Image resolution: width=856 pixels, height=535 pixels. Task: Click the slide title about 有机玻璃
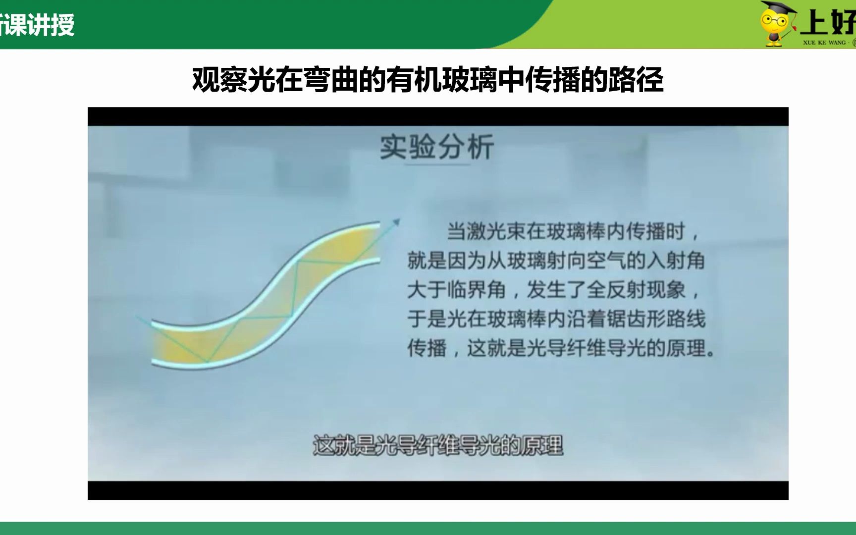tap(428, 79)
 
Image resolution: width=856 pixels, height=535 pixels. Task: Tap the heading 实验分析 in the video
tap(436, 147)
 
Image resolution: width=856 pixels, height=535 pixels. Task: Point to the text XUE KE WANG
tap(824, 43)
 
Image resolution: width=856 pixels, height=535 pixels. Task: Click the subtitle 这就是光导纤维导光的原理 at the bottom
tap(438, 446)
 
